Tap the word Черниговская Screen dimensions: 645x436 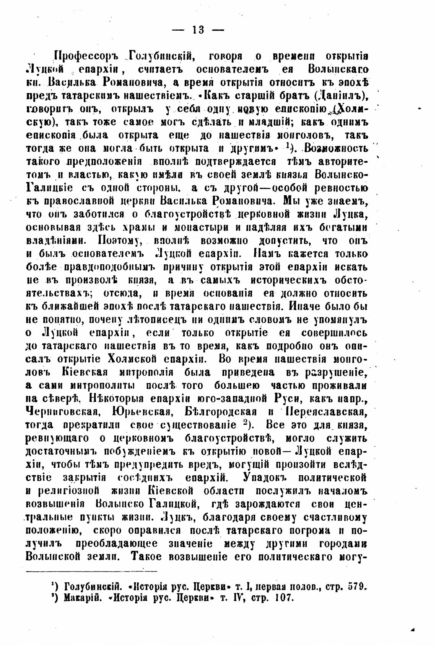[x=62, y=413]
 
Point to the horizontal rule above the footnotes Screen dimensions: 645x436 [x=91, y=572]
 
